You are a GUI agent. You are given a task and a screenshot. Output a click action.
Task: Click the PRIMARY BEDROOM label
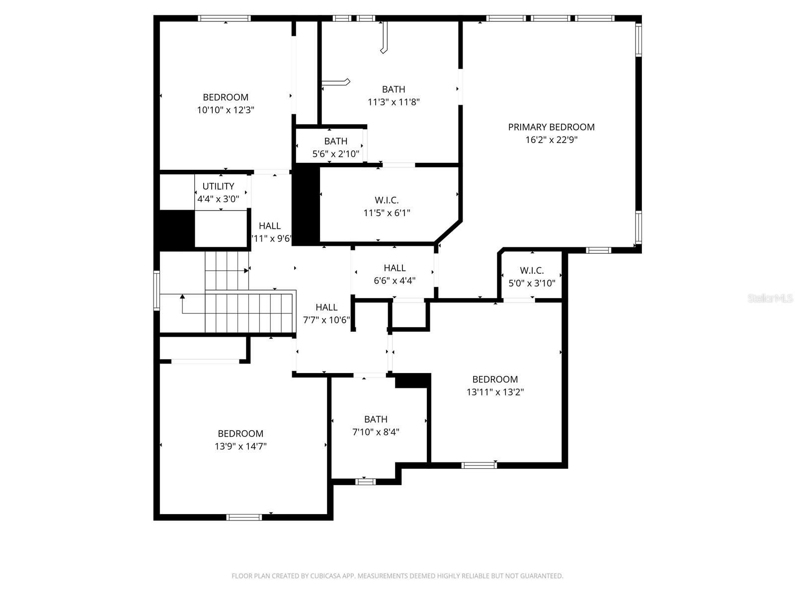pyautogui.click(x=551, y=127)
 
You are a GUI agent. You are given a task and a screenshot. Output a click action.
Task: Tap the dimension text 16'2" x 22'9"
pyautogui.click(x=551, y=140)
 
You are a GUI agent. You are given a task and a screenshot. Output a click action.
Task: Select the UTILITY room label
pyautogui.click(x=218, y=186)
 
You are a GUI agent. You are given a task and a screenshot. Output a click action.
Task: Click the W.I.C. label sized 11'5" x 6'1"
pyautogui.click(x=387, y=200)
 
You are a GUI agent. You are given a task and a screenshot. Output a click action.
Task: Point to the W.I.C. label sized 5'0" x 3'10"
pyautogui.click(x=532, y=271)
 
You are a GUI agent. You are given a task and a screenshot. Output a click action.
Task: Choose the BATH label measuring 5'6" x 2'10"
pyautogui.click(x=335, y=141)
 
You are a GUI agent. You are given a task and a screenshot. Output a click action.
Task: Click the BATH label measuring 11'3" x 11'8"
pyautogui.click(x=393, y=89)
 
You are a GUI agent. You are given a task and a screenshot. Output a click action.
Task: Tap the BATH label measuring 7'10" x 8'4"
pyautogui.click(x=376, y=419)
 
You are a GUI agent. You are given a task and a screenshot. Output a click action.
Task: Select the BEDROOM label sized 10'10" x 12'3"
pyautogui.click(x=226, y=97)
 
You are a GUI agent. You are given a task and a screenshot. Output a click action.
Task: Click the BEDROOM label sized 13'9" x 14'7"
pyautogui.click(x=240, y=434)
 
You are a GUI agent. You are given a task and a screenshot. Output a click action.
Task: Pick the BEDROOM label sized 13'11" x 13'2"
pyautogui.click(x=495, y=379)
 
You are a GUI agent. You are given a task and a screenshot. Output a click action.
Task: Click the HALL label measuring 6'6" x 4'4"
pyautogui.click(x=395, y=268)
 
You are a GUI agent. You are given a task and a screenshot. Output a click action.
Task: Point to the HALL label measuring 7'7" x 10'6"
pyautogui.click(x=326, y=307)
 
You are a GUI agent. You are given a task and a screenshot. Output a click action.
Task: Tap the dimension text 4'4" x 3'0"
pyautogui.click(x=218, y=199)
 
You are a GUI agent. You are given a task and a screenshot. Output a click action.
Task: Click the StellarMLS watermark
pyautogui.click(x=770, y=298)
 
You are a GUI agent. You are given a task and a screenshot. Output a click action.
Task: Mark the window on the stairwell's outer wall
pyautogui.click(x=157, y=290)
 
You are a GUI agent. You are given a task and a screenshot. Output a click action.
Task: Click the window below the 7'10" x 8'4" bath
pyautogui.click(x=366, y=481)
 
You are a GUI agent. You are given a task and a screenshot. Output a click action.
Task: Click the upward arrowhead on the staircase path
pyautogui.click(x=182, y=297)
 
